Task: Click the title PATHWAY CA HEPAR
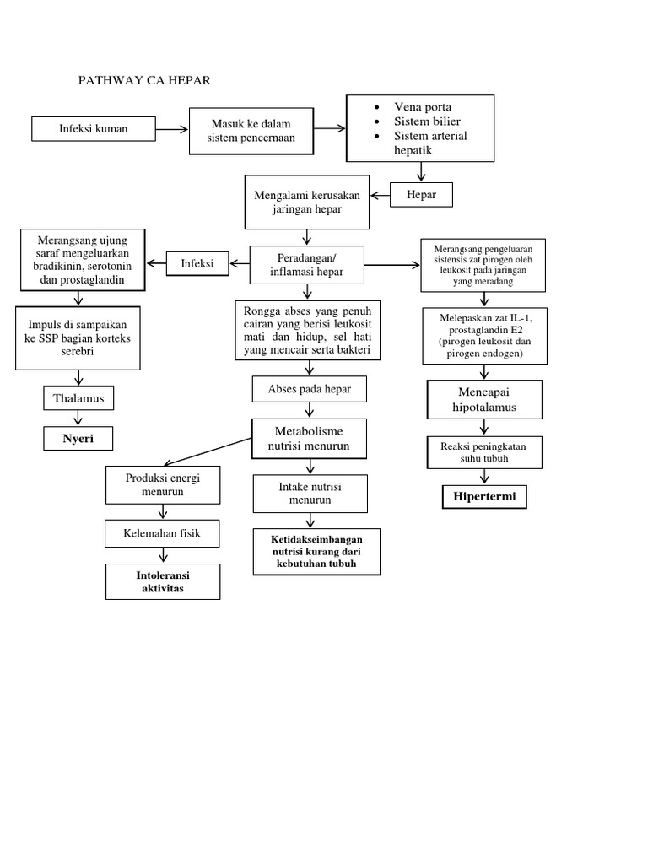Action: (143, 81)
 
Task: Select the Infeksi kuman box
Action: (93, 129)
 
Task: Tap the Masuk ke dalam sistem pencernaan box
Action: (251, 131)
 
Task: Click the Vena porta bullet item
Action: (422, 107)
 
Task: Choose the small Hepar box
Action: (422, 195)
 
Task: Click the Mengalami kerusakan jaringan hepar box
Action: (308, 202)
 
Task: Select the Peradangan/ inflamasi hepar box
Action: (307, 265)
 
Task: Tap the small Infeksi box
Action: (197, 264)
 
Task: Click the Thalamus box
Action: (78, 398)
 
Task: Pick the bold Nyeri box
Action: (78, 439)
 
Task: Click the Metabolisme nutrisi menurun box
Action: (308, 438)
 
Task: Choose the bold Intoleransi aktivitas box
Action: (162, 582)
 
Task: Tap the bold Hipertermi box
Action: (484, 498)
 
